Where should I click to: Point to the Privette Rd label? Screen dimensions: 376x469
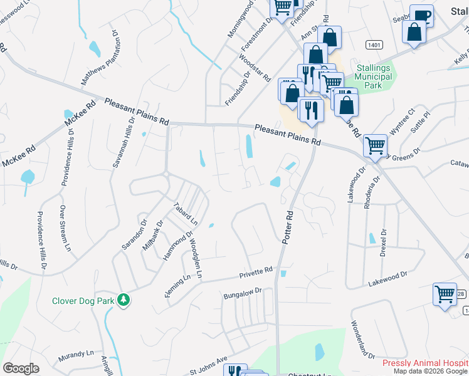tap(256, 273)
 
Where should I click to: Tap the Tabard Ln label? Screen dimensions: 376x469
tap(186, 214)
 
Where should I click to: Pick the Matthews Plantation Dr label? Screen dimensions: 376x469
tap(100, 57)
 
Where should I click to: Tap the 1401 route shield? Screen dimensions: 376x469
tap(375, 44)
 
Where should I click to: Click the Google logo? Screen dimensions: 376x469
tap(21, 368)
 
